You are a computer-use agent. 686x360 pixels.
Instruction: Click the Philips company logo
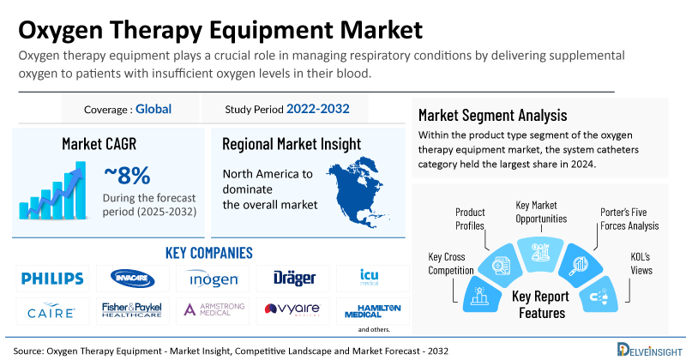[x=53, y=279]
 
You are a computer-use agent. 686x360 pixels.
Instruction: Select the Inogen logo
[x=211, y=279]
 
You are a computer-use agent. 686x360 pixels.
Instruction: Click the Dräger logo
[x=295, y=279]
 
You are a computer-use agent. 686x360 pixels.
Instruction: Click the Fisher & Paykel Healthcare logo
[x=131, y=309]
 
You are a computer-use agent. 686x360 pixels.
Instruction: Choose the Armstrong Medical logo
[x=211, y=309]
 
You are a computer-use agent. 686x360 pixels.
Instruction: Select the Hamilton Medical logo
[x=370, y=309]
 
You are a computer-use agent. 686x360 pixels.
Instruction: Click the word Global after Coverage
[x=153, y=109]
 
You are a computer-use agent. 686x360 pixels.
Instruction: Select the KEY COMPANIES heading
[x=208, y=253]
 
